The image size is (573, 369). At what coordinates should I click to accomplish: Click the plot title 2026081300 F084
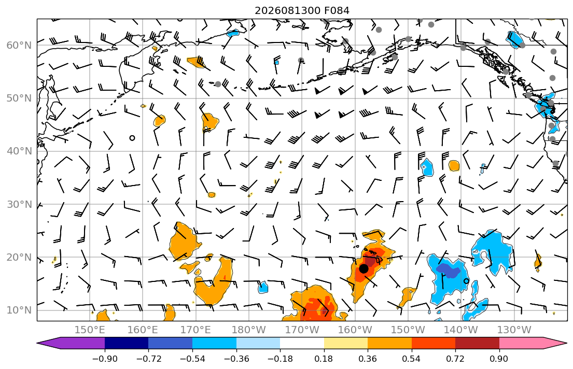click(x=302, y=10)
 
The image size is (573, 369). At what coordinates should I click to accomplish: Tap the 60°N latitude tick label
click(x=19, y=45)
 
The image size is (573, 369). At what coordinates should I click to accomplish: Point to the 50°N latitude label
click(x=19, y=98)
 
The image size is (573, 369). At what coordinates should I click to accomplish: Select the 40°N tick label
click(x=19, y=151)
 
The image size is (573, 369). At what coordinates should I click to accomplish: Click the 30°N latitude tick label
click(x=19, y=204)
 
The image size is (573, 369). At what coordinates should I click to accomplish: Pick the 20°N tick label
click(x=19, y=257)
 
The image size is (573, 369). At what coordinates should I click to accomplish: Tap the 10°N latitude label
click(x=19, y=310)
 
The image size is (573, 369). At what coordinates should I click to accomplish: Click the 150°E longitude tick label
click(x=90, y=330)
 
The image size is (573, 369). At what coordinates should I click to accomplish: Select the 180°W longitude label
click(x=249, y=330)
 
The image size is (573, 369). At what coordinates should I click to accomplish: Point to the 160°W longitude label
click(x=355, y=330)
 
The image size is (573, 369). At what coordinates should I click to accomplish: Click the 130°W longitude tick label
click(x=514, y=330)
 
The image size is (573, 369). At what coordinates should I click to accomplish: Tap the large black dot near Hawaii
click(x=364, y=268)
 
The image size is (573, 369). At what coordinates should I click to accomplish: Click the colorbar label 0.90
click(x=499, y=359)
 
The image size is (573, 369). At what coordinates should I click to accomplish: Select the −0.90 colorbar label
click(x=105, y=359)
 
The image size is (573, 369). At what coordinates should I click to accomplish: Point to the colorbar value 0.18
click(x=324, y=359)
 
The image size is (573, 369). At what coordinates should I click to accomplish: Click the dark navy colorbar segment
click(x=127, y=343)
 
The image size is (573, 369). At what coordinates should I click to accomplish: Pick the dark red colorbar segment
click(x=477, y=343)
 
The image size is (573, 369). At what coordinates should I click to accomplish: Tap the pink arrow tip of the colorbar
click(x=566, y=343)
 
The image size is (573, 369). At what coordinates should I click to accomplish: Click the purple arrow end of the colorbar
click(x=38, y=343)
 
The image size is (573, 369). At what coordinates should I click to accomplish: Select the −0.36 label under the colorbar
click(x=236, y=359)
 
